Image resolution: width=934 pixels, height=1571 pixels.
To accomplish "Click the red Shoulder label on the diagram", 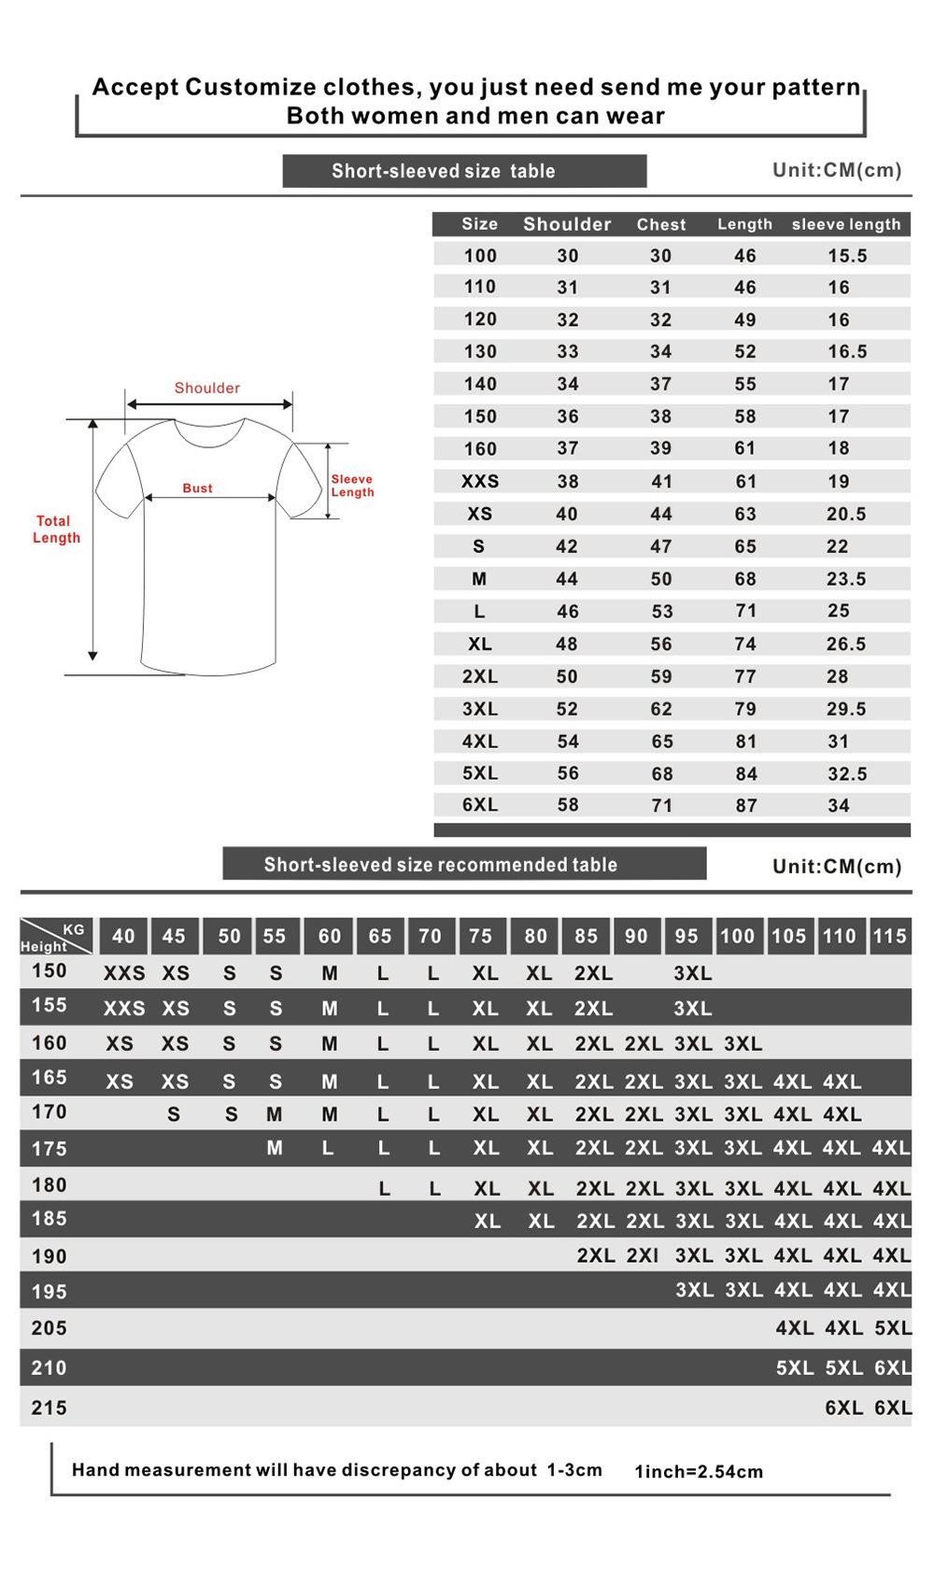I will (207, 388).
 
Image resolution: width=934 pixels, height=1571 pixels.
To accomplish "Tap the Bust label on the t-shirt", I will (197, 488).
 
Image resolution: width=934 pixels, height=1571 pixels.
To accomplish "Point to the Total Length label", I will (56, 529).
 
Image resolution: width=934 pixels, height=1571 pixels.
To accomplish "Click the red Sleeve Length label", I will (352, 486).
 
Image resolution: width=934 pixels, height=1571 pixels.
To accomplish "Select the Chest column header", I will (661, 224).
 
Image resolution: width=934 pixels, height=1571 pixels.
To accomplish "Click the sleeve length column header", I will (846, 224).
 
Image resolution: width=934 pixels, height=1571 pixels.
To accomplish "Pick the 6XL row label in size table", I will (480, 804).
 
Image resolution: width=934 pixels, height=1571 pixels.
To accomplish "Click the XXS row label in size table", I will (480, 481).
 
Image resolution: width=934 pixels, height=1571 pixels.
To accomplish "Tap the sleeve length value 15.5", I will (847, 255).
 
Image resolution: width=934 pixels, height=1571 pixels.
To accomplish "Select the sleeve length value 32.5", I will (847, 773).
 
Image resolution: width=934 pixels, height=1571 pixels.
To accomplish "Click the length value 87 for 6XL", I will (745, 805).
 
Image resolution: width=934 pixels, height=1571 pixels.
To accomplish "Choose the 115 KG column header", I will (889, 936).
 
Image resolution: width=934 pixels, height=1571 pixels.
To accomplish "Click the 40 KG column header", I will (123, 936).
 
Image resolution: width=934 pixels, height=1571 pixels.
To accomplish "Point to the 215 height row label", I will (50, 1408).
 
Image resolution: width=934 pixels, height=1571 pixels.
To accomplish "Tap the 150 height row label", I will (50, 970).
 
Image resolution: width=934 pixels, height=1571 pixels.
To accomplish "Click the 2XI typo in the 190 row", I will (643, 1255).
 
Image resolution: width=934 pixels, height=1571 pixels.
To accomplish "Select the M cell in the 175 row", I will (275, 1147).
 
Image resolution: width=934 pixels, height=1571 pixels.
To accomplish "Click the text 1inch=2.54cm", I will (699, 1471).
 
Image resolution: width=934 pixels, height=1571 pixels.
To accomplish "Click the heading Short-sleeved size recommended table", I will (441, 864).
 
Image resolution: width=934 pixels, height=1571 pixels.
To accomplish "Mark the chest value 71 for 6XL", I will (661, 805).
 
